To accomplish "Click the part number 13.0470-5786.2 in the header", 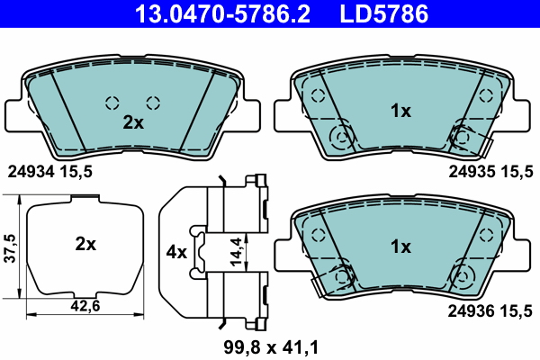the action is pyautogui.click(x=223, y=13).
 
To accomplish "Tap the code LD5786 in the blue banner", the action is pyautogui.click(x=384, y=13).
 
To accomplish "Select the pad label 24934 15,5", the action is pyautogui.click(x=50, y=172).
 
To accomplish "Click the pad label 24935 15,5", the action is pyautogui.click(x=490, y=171).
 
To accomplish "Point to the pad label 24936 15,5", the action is pyautogui.click(x=490, y=311).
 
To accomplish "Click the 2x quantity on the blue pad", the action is pyautogui.click(x=133, y=122).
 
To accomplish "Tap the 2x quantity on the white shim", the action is pyautogui.click(x=85, y=244).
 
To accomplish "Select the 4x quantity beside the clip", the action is pyautogui.click(x=176, y=253).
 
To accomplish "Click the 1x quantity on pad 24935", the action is pyautogui.click(x=400, y=111).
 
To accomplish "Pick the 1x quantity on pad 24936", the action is pyautogui.click(x=400, y=247).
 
